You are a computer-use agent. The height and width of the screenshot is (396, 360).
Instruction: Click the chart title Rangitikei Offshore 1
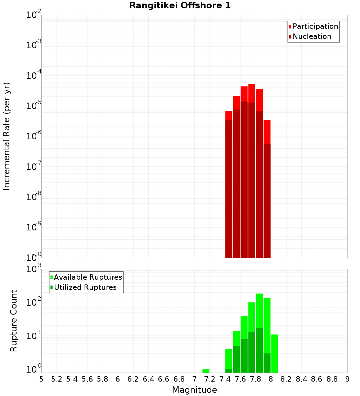[x=180, y=5]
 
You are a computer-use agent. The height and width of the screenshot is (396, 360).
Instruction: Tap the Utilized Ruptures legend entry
[x=85, y=287]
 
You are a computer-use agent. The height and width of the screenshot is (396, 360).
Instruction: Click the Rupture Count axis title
[x=14, y=321]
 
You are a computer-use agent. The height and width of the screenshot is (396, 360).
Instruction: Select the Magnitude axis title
[x=194, y=390]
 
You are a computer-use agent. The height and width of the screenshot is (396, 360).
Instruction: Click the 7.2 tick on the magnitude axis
[x=210, y=379]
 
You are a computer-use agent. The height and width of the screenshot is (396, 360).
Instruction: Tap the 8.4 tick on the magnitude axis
[x=301, y=379]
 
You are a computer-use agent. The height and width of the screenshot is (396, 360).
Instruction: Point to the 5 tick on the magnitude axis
[x=41, y=379]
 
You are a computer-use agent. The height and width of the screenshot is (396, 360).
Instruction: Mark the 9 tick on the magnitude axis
[x=347, y=379]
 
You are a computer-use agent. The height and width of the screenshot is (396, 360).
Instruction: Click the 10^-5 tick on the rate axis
[x=34, y=106]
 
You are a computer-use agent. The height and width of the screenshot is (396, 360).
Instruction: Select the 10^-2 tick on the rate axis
[x=34, y=15]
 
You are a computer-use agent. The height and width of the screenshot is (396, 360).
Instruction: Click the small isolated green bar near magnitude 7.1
[x=206, y=371]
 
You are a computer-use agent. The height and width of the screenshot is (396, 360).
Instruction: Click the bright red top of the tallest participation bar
[x=252, y=93]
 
